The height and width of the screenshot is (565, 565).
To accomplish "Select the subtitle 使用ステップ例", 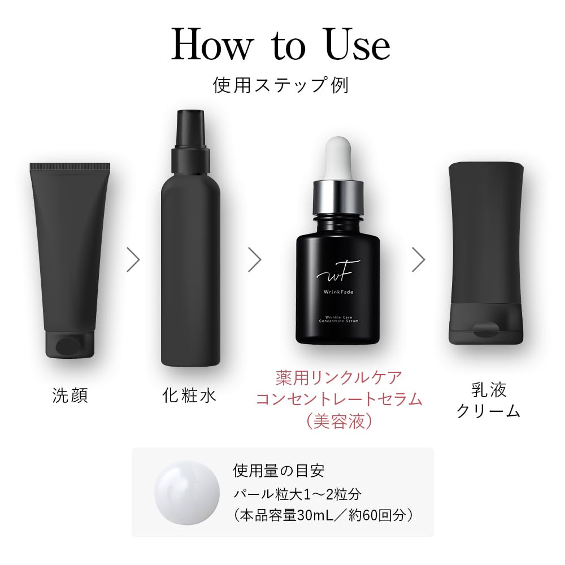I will click(x=281, y=85).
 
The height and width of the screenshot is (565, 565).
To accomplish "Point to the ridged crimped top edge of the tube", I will click(x=70, y=167).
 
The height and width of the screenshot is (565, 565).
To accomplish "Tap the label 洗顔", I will click(x=70, y=395).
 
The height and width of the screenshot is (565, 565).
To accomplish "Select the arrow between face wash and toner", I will click(x=133, y=259).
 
